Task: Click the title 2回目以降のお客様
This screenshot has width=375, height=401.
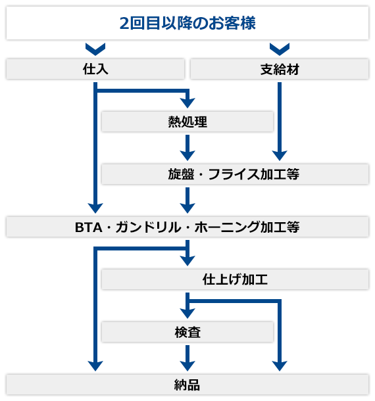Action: click(187, 23)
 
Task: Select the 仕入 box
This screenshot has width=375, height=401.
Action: click(95, 69)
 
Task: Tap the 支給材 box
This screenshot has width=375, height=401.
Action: click(280, 69)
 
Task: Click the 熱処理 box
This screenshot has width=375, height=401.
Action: click(187, 122)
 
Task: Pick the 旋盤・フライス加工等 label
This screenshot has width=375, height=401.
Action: click(234, 174)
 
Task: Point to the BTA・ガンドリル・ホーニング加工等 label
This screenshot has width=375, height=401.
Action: click(187, 227)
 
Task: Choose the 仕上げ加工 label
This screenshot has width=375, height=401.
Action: click(235, 279)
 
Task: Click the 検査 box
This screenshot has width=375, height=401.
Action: click(187, 332)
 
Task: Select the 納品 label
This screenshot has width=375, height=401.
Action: click(187, 385)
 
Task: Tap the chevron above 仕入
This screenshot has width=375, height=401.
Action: click(95, 49)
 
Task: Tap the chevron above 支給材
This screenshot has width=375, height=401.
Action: click(280, 49)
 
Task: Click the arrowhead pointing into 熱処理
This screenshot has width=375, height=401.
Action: click(187, 103)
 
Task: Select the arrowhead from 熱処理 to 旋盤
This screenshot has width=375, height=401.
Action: click(187, 156)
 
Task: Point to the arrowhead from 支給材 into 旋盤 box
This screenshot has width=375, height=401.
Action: click(280, 156)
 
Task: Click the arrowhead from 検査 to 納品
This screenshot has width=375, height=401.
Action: click(187, 366)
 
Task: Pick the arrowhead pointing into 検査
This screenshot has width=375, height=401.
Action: click(187, 314)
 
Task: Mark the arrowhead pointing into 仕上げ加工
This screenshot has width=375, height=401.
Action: click(187, 261)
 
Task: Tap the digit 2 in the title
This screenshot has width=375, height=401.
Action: click(124, 23)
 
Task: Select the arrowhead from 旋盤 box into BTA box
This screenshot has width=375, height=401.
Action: click(187, 208)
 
